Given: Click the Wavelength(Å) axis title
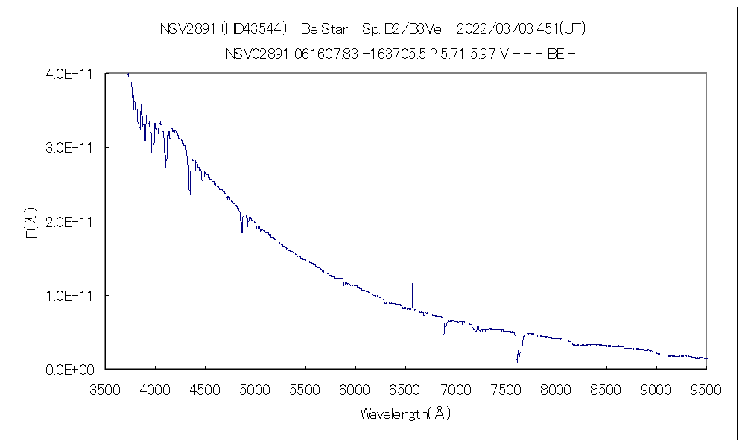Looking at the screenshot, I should coord(405,413).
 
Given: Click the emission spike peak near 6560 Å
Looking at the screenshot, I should coord(412,285).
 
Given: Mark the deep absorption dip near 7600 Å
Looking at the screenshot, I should coord(516,361).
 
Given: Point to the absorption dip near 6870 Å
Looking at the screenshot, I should coord(443,335).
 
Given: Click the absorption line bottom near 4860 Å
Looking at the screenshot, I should coord(241,232).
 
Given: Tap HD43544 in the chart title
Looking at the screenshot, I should coord(255,29).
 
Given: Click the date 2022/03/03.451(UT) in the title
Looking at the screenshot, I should coord(520,29).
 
